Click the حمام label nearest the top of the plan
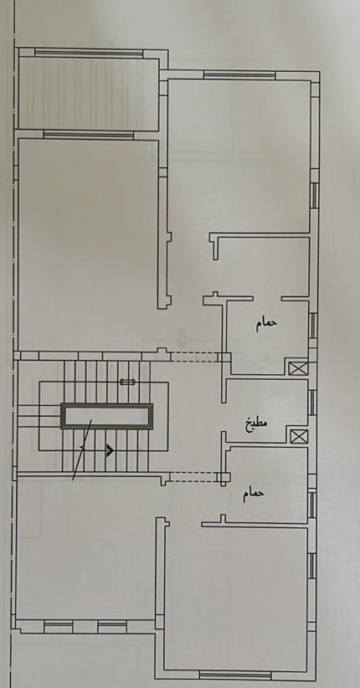click(267, 323)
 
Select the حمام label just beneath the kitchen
click(254, 493)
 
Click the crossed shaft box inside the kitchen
click(299, 436)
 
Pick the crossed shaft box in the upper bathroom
click(298, 367)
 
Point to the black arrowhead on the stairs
click(110, 450)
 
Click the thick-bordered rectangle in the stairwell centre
click(106, 416)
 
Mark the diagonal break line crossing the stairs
click(82, 449)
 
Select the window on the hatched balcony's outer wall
click(89, 53)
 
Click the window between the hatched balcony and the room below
click(88, 135)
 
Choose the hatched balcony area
click(88, 94)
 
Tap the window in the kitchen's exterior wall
click(311, 402)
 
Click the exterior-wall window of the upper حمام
click(312, 325)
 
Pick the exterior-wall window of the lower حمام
click(311, 505)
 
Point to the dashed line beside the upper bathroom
click(193, 357)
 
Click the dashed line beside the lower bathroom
click(193, 477)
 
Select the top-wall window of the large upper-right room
click(239, 75)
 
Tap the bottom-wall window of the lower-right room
click(235, 675)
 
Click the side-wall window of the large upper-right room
click(314, 195)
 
